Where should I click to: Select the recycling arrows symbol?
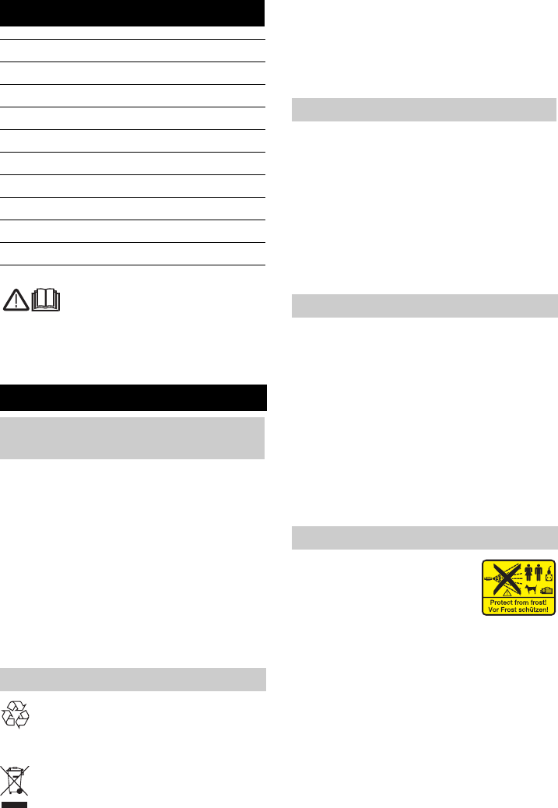[x=16, y=714]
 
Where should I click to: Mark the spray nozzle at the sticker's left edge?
[x=487, y=579]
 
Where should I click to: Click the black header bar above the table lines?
[x=133, y=13]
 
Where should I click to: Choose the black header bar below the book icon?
[x=133, y=397]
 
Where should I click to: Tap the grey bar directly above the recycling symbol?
[x=133, y=679]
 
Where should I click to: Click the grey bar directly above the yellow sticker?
[x=424, y=538]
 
